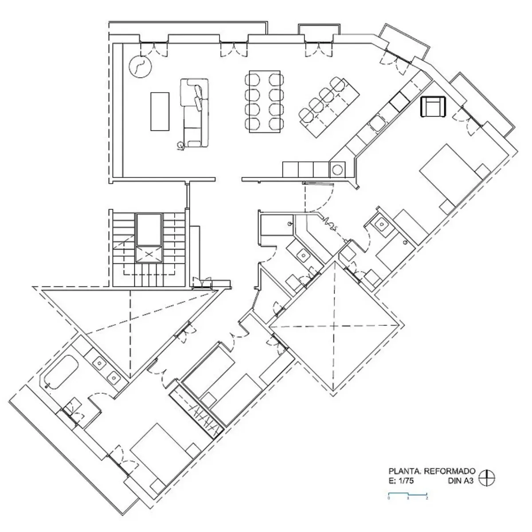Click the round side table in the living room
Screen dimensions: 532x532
[x=140, y=67]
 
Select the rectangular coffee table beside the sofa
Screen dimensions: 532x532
[x=160, y=111]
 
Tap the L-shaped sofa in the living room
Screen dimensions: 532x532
[x=195, y=113]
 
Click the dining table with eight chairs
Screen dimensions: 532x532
[x=265, y=101]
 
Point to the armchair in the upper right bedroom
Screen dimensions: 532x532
[x=434, y=107]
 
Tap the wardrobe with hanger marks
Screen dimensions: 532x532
[x=196, y=412]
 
